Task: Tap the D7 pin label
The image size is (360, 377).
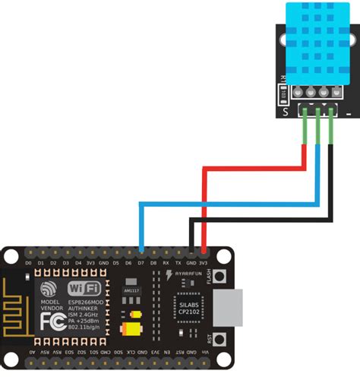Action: pyautogui.click(x=141, y=263)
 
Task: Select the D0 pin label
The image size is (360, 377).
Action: pyautogui.click(x=28, y=263)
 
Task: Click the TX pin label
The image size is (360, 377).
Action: pyautogui.click(x=179, y=263)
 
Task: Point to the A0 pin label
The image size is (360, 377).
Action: pyautogui.click(x=31, y=353)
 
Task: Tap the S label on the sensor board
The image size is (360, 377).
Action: pyautogui.click(x=285, y=112)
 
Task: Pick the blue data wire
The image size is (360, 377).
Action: pyautogui.click(x=228, y=203)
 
